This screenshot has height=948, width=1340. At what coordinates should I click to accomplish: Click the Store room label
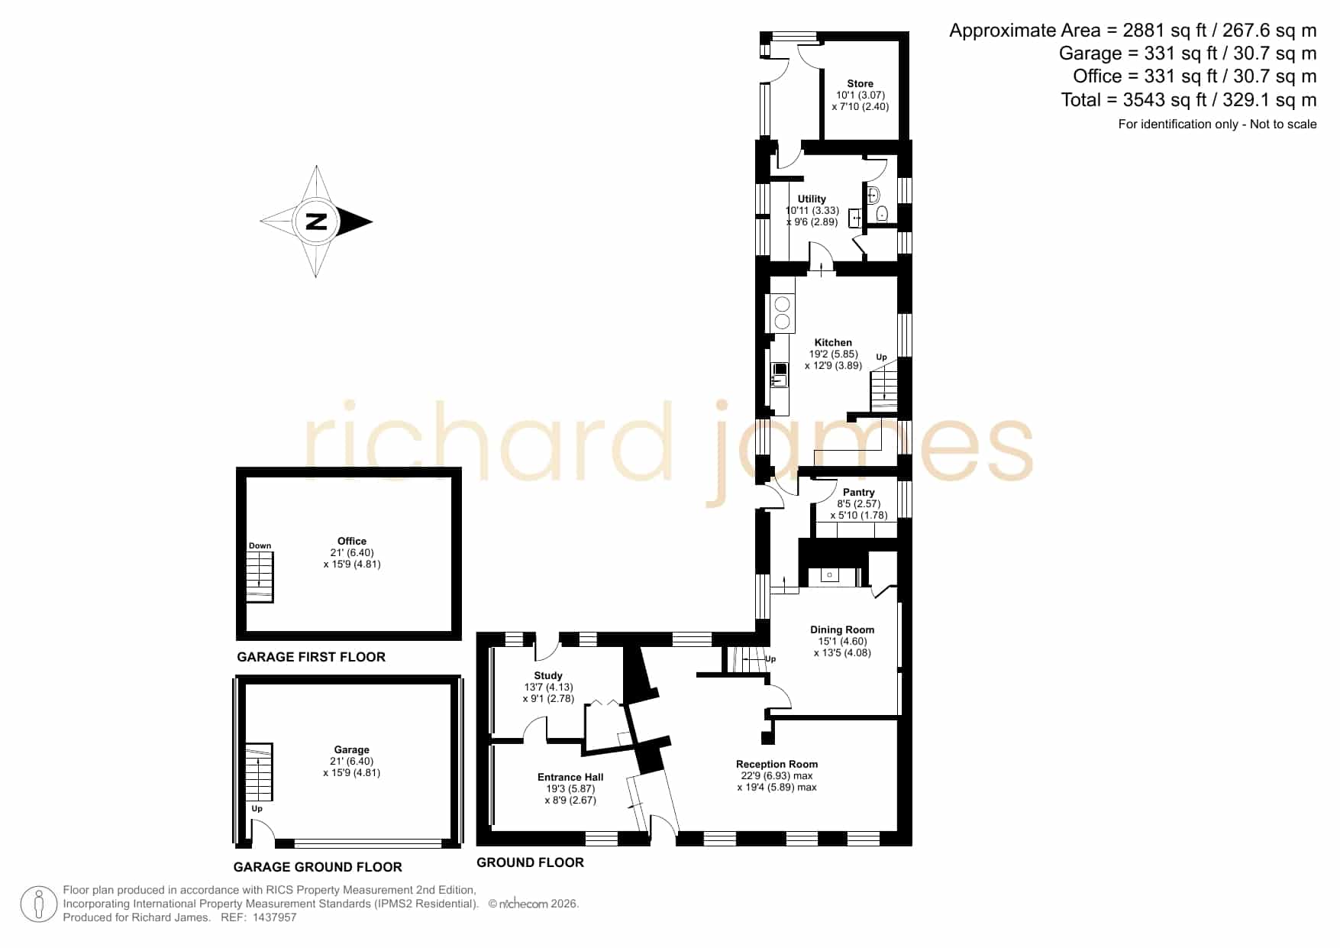(x=860, y=84)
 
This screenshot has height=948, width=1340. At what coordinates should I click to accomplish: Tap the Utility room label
(x=812, y=199)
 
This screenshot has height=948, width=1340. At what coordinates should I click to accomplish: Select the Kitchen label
(x=833, y=343)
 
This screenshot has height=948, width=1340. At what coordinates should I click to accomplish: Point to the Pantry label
(x=859, y=493)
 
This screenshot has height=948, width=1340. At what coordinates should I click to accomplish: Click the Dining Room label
(x=842, y=630)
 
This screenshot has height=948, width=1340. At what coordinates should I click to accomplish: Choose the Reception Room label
(x=777, y=764)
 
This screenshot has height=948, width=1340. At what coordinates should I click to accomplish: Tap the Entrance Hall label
(x=570, y=778)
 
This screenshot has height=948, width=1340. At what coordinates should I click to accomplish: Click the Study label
(x=548, y=676)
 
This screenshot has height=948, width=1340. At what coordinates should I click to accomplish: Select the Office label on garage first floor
(x=352, y=542)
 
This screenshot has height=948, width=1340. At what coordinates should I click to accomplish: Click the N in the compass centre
(x=316, y=222)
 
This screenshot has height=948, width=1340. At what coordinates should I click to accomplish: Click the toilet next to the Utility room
(x=882, y=213)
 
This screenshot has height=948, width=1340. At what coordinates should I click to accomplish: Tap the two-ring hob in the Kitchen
(x=782, y=314)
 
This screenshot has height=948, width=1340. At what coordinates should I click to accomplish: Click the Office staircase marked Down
(x=260, y=576)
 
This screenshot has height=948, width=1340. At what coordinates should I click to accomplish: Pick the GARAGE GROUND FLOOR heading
(x=318, y=867)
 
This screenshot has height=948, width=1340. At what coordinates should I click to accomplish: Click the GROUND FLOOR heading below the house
(x=530, y=862)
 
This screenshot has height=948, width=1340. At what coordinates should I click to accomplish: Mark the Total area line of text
(x=1189, y=100)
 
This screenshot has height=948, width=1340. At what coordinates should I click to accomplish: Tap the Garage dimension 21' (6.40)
(x=352, y=762)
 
